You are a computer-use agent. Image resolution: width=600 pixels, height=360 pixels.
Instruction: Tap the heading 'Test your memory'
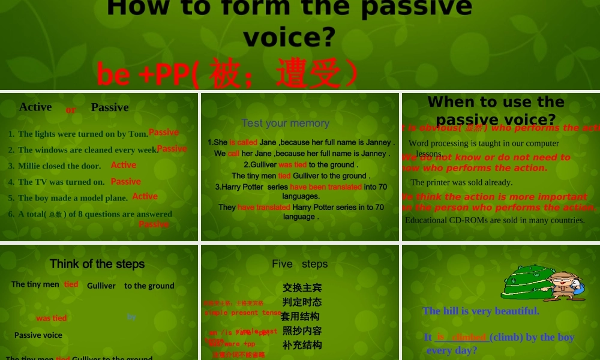coord(285,123)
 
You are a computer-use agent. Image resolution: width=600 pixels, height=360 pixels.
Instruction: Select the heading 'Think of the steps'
coord(97,264)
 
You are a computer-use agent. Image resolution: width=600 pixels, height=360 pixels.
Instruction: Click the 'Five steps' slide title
coord(299,264)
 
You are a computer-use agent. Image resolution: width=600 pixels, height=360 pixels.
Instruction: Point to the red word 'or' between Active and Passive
coord(71,110)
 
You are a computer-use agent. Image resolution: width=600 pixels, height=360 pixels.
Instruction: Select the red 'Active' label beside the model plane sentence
coord(145,196)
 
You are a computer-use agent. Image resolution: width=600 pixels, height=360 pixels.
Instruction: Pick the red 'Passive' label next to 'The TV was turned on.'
coord(126,181)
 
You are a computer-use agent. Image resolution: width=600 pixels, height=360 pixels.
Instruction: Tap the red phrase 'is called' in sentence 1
coord(244,143)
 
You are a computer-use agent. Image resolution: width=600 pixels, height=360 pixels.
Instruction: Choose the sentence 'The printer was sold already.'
coord(461,182)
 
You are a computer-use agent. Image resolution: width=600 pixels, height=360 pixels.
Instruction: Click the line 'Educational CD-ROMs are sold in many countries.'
coord(494,220)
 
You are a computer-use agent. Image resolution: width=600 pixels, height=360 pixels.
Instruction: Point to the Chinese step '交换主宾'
coord(302,288)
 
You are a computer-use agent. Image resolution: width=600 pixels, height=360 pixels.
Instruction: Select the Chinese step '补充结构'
coord(302,345)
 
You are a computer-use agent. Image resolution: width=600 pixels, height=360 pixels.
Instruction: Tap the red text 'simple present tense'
coord(242,313)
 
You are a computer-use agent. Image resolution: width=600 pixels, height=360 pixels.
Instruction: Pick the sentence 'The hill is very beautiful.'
coord(481,311)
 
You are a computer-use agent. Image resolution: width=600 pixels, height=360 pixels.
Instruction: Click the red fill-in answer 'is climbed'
coord(461,337)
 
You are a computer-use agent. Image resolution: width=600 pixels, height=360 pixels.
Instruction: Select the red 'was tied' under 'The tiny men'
coord(52,318)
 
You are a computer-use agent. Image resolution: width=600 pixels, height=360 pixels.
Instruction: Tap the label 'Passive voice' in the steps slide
coord(38,335)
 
